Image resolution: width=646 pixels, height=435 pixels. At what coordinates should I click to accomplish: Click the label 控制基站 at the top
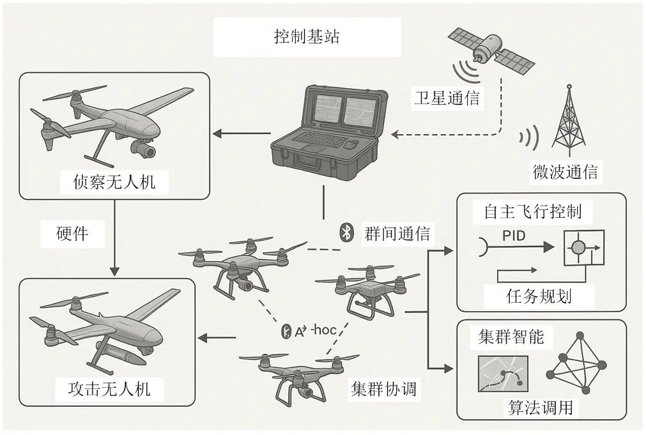click(x=306, y=36)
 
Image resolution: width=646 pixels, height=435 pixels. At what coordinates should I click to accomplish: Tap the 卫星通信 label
click(x=446, y=98)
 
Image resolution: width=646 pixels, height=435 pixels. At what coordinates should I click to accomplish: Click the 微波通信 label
click(x=565, y=172)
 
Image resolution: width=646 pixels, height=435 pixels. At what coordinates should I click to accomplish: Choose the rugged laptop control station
click(x=329, y=130)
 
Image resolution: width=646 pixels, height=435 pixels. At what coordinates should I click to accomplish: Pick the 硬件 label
click(x=72, y=233)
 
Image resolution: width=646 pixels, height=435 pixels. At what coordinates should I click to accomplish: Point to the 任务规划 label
click(x=539, y=296)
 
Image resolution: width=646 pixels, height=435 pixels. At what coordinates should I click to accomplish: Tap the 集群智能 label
click(x=511, y=337)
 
